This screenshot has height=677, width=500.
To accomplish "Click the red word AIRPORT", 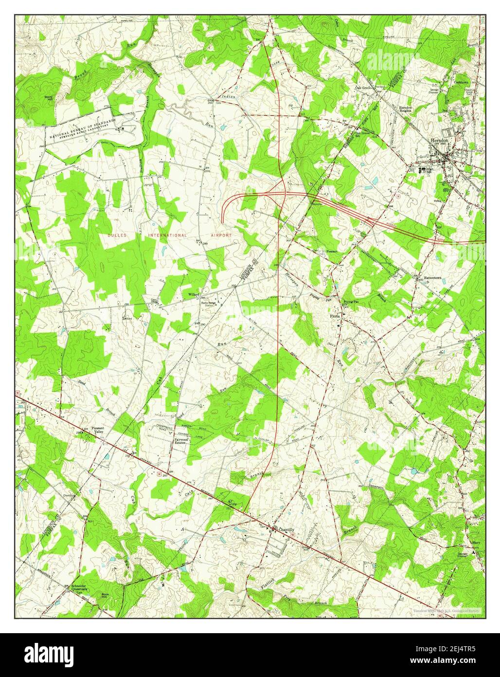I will [220, 235].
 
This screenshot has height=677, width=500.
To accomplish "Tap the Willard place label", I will [189, 295].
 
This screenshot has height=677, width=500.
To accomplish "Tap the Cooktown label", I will [461, 83].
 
